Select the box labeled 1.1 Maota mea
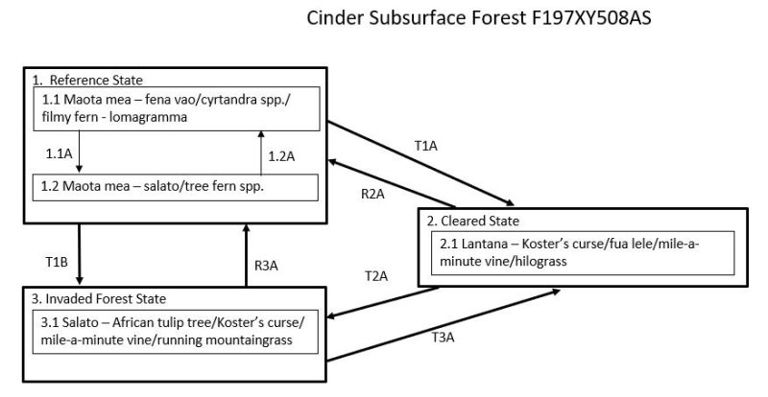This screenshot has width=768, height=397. pos(179,108)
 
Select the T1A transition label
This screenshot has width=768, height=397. pos(426,146)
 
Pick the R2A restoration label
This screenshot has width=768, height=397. pos(373,193)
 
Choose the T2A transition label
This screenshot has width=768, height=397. pos(376,275)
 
